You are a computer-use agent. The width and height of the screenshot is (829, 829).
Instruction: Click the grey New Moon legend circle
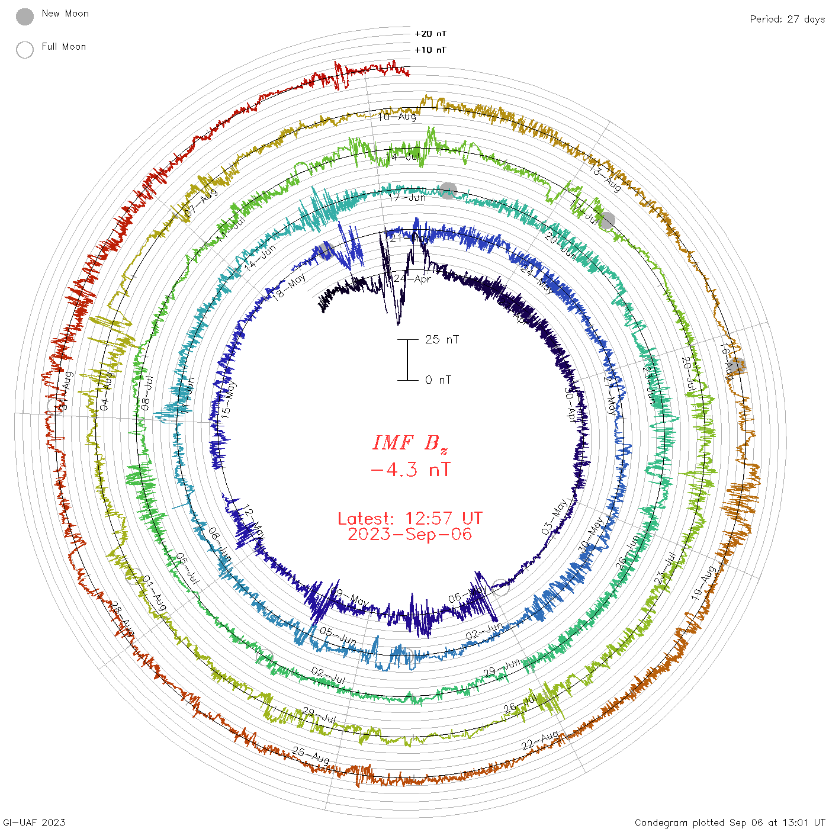pos(25,17)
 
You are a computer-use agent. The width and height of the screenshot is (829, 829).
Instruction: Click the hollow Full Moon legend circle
pos(25,50)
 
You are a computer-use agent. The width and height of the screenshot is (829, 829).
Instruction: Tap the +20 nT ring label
pos(430,34)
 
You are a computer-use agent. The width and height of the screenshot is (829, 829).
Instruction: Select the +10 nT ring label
pos(430,50)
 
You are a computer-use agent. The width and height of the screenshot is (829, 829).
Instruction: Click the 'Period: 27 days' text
pos(787,19)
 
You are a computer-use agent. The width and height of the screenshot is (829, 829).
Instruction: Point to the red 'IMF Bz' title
pos(410,443)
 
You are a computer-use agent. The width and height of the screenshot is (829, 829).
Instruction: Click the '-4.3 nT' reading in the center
pos(410,470)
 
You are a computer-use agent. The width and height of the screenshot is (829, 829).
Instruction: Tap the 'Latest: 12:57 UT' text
pos(410,519)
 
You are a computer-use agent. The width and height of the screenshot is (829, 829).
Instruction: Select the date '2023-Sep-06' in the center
pos(410,534)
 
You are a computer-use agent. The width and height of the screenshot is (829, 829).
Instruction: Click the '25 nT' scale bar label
pos(442,339)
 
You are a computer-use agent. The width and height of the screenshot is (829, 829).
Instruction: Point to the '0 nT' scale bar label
pos(438,380)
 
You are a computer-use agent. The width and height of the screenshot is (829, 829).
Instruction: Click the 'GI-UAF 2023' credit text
pos(33,822)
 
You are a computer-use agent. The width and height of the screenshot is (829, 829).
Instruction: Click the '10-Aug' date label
pos(397,117)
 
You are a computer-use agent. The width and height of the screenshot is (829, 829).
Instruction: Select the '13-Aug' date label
pos(605,177)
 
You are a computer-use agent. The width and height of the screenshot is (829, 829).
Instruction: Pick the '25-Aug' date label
pos(311,755)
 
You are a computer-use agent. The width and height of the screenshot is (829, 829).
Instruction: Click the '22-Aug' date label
pos(540,740)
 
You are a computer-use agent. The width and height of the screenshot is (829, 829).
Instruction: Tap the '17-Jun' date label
pos(407,197)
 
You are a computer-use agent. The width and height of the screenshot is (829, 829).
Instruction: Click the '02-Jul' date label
pos(328,675)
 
